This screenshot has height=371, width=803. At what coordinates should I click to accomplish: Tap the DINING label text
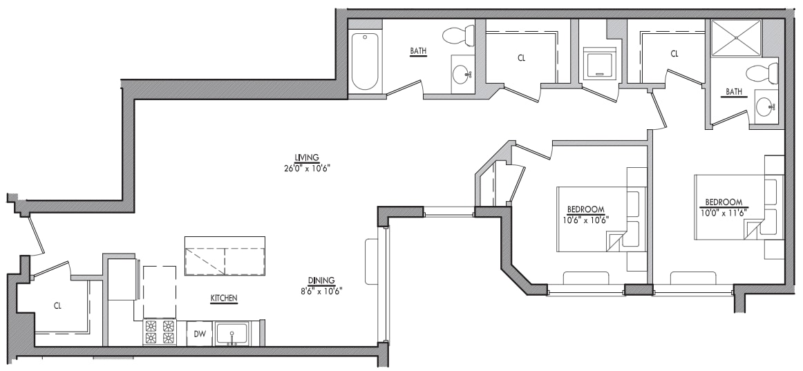click(322, 280)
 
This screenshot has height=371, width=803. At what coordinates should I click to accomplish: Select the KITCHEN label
click(224, 298)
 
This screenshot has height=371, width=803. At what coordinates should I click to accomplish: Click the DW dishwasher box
click(199, 334)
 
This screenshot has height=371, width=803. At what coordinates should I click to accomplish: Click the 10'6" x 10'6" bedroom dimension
click(586, 220)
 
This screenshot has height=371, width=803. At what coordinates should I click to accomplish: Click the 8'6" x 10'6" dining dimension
click(322, 291)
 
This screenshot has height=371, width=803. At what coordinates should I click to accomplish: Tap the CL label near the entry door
click(58, 305)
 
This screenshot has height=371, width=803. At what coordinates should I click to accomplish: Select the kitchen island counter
click(225, 255)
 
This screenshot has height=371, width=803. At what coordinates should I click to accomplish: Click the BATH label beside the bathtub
click(418, 50)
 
